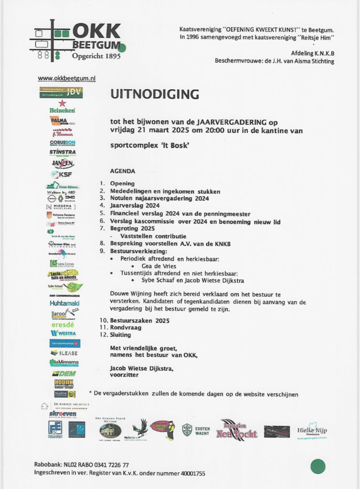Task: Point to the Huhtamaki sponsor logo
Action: (x=64, y=303)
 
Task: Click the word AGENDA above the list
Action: (x=123, y=171)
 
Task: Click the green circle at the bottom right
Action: (x=318, y=466)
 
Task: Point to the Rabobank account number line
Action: (x=81, y=465)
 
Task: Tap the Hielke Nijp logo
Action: (x=312, y=431)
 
